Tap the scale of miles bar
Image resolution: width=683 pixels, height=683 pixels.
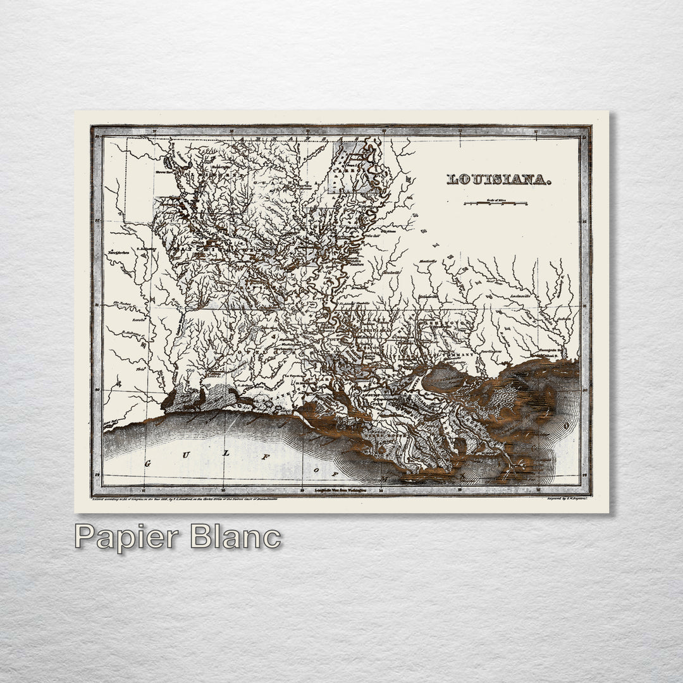(495, 204)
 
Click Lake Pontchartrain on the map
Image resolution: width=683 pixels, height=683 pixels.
(442, 378)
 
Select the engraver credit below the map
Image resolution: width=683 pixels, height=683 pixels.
(567, 499)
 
